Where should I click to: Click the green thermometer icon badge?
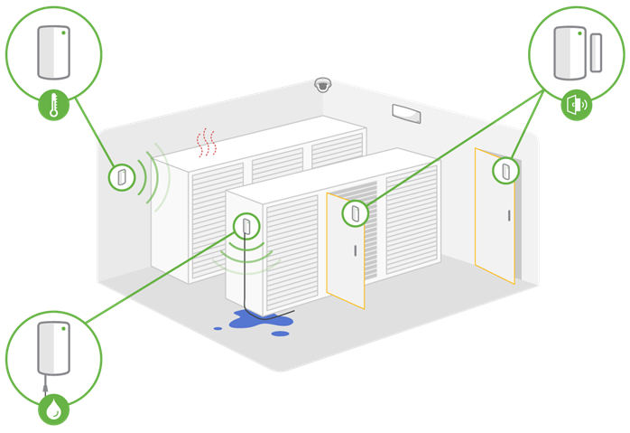point(53,107)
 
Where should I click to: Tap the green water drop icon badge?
point(53,410)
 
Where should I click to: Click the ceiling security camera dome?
point(322,85)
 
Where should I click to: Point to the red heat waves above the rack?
point(208,141)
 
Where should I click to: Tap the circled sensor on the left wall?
point(120,175)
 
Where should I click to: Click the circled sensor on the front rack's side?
point(245,223)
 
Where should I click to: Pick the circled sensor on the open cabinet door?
point(354,213)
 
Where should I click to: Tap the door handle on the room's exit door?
point(509,215)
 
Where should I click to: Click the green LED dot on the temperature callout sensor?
point(65,33)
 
